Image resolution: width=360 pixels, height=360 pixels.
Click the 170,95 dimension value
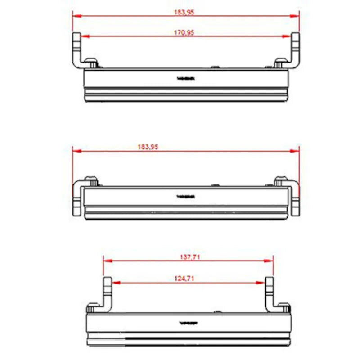pos(184,32)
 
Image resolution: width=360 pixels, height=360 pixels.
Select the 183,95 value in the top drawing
pos(184,12)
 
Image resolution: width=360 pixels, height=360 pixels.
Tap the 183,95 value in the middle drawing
pos(148,147)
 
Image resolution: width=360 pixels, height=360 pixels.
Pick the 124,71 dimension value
pos(184,279)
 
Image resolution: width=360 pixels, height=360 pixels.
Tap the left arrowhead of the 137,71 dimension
pos(107,261)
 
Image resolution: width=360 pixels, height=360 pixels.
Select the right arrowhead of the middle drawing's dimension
pos(296,151)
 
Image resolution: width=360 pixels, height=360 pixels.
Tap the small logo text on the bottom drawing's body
pos(187,323)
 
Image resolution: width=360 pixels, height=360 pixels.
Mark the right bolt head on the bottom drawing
pos(283,308)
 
